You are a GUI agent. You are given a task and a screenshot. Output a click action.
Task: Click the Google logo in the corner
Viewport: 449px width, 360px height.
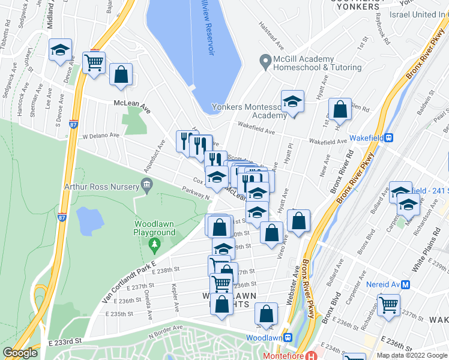click(20, 353)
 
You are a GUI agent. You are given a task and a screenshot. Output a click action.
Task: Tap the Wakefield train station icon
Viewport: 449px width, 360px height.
click(389, 137)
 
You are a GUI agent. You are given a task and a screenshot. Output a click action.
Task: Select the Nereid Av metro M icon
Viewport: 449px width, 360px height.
click(406, 284)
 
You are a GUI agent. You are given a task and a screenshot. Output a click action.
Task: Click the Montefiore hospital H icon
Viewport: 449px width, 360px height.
click(310, 356)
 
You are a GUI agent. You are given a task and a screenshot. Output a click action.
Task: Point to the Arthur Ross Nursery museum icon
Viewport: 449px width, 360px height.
click(146, 186)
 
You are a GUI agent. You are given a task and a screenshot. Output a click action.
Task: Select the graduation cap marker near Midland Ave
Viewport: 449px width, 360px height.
click(60, 50)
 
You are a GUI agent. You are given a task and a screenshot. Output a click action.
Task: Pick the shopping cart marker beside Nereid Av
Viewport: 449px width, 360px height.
click(389, 305)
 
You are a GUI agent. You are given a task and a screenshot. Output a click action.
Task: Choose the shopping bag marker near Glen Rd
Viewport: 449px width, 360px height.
click(340, 110)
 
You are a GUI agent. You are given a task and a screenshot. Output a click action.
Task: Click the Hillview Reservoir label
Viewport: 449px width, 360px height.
click(211, 28)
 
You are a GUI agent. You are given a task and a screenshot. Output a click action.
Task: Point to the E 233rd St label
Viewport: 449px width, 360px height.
click(64, 341)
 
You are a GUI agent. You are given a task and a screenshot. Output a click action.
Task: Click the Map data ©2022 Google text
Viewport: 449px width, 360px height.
click(412, 355)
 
